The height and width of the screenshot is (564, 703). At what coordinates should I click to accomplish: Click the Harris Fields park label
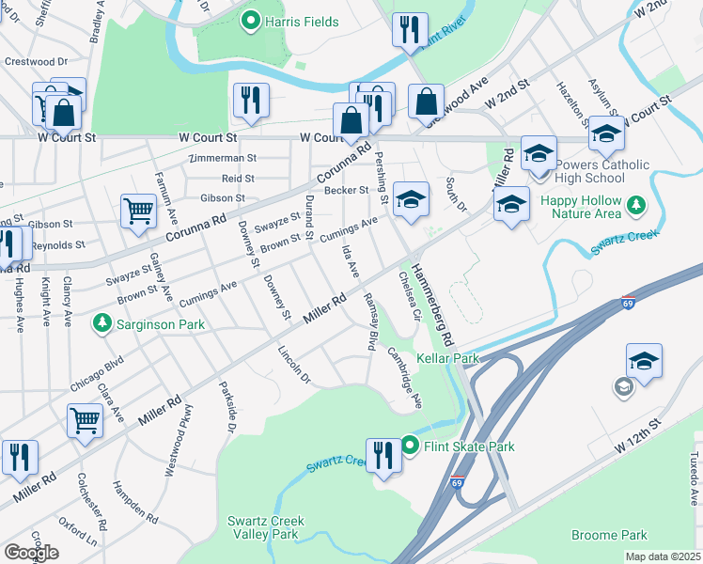click(x=301, y=21)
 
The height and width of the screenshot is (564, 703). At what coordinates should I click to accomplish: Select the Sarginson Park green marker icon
click(x=102, y=324)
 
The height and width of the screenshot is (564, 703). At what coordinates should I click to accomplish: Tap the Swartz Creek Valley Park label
click(x=263, y=527)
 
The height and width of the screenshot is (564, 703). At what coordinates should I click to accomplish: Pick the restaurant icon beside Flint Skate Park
click(x=383, y=456)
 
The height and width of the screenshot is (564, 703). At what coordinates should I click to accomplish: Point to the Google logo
click(x=31, y=553)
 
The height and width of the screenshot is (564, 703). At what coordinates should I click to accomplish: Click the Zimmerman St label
click(x=223, y=158)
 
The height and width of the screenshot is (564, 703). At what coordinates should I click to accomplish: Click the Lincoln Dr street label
click(x=294, y=365)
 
